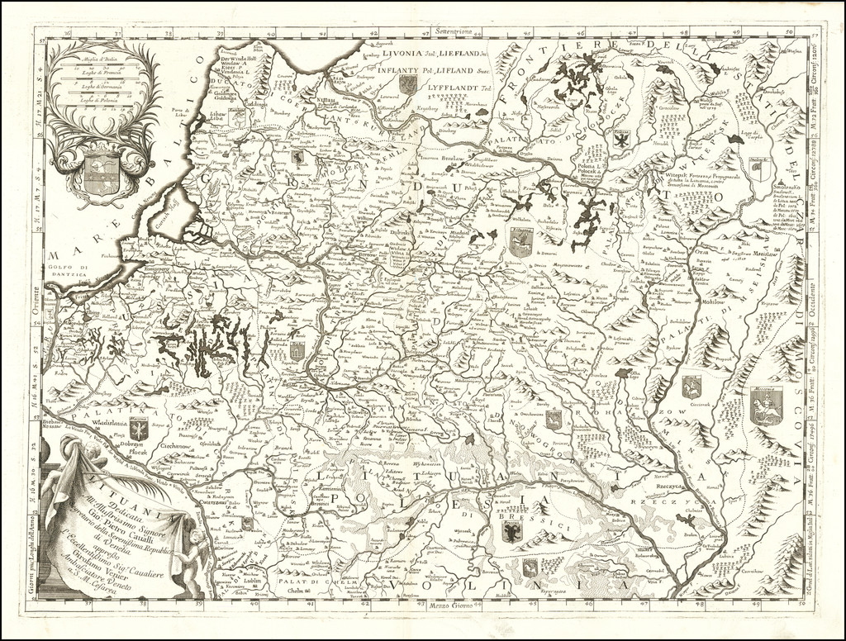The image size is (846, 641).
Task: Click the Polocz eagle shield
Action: pos(621,140)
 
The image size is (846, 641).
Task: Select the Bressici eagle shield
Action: pos(511,532)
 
